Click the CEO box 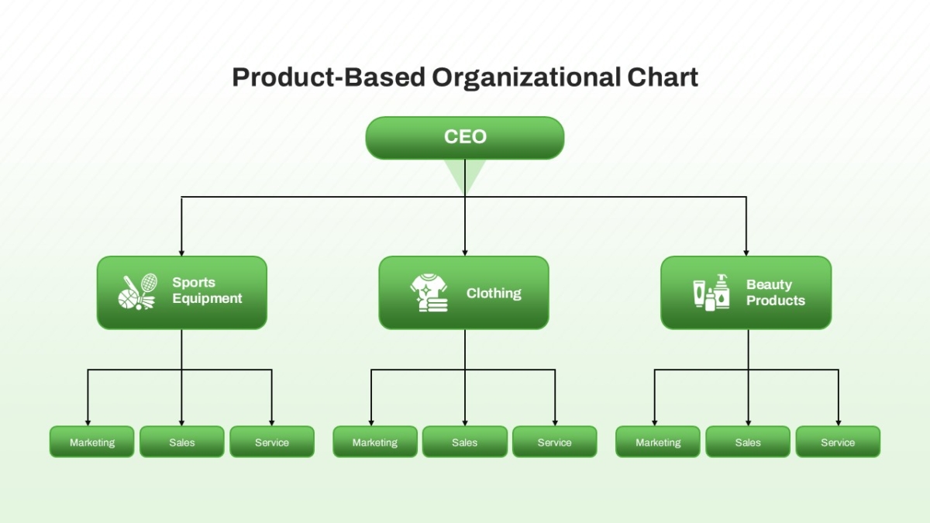tap(464, 138)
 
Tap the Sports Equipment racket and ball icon tap(137, 291)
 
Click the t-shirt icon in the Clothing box tap(429, 293)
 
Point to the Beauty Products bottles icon tap(711, 292)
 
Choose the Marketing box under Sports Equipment tap(91, 442)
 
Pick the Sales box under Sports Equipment tap(182, 442)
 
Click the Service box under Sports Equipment tap(272, 442)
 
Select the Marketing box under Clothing tap(375, 442)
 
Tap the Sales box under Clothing tap(464, 442)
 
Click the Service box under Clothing tap(555, 442)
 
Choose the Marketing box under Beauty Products tap(658, 442)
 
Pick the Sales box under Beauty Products tap(748, 442)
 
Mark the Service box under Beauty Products tap(838, 442)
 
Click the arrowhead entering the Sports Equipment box tap(181, 253)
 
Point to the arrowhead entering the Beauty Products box tap(746, 253)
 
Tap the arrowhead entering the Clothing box tap(464, 253)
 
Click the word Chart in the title tap(663, 77)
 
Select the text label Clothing tap(494, 294)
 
